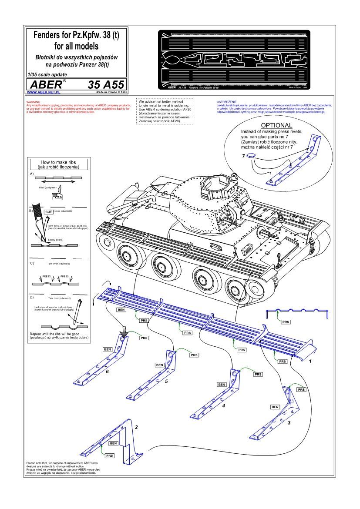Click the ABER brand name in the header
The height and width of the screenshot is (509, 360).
[x=43, y=84]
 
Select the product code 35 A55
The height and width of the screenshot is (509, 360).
[x=106, y=84]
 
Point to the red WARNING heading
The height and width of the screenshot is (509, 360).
[x=34, y=102]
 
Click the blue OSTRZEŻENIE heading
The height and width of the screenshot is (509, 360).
[x=226, y=102]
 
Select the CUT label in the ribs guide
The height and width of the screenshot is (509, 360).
[x=49, y=211]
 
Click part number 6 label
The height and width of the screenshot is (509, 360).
[x=107, y=372]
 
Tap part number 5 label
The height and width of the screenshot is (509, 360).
[x=166, y=381]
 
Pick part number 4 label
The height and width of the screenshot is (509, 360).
[x=223, y=405]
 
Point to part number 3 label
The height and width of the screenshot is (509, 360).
[x=289, y=422]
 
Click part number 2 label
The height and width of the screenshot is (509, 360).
[x=136, y=427]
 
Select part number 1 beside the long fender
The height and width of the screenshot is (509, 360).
[x=310, y=361]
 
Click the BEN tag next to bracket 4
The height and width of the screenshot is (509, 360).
[x=222, y=385]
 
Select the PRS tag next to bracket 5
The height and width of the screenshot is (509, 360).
[x=195, y=355]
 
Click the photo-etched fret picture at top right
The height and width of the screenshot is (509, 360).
[x=234, y=60]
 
